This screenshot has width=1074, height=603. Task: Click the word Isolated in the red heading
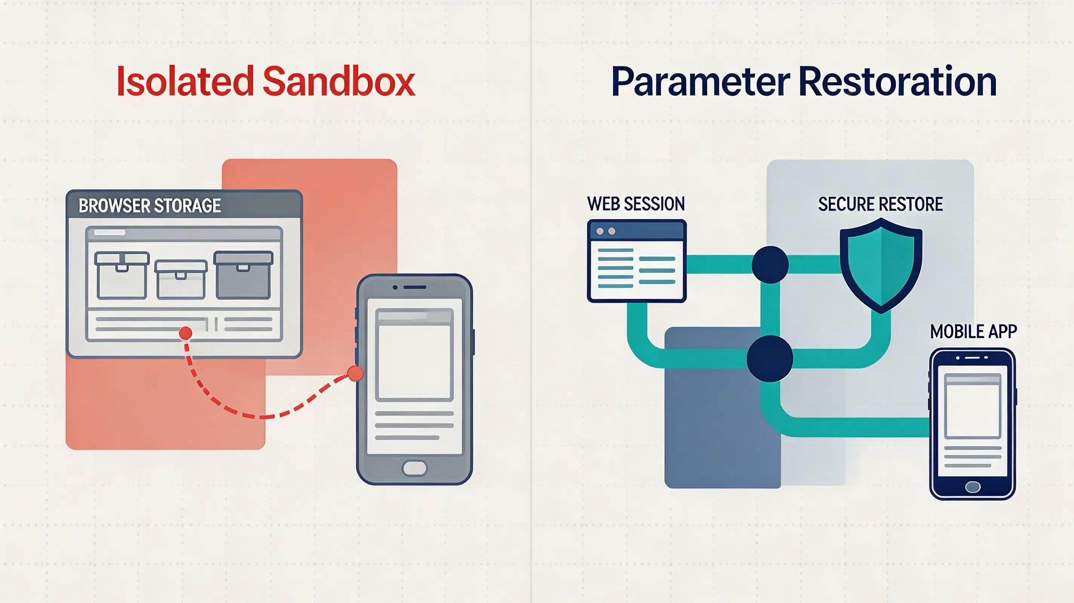185,81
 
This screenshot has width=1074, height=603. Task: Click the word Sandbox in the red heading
339,81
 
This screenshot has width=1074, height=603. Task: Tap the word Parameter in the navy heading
701,82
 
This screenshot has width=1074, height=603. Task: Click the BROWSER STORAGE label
150,205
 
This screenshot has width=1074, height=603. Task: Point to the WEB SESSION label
636,204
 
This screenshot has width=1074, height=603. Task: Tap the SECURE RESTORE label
880,204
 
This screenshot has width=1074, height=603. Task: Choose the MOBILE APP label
974,332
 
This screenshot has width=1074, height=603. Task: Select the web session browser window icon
637,261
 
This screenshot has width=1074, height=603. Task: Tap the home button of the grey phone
414,468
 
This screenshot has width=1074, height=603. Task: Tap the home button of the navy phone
973,486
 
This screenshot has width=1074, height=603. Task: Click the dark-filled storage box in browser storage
243,275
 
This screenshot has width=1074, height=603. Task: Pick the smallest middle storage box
181,280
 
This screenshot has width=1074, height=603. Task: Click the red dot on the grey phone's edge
355,374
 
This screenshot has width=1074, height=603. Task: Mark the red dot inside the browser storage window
186,333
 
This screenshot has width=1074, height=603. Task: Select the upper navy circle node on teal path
770,265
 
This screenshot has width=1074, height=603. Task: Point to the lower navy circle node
770,359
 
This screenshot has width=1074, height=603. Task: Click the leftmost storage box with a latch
122,275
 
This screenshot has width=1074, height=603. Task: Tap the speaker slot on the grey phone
414,287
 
